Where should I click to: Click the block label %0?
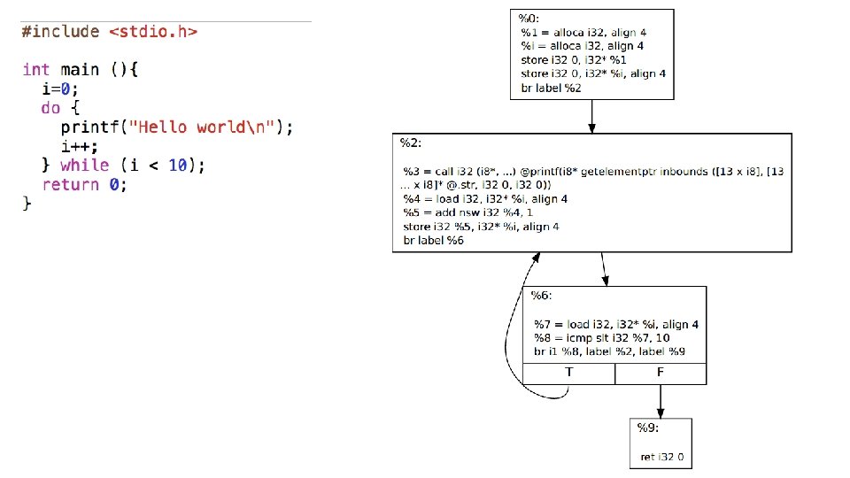tap(531, 19)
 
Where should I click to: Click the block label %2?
tap(410, 143)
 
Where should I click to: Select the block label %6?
tap(542, 295)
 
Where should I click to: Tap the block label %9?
tap(648, 428)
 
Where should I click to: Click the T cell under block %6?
tap(568, 374)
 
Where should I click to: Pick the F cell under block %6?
tap(661, 374)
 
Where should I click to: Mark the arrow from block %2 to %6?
tap(604, 269)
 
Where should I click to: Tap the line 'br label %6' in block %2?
tap(433, 241)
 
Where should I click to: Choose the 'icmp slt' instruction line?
tap(601, 338)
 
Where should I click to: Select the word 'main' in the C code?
tap(79, 69)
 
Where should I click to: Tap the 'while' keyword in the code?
tap(85, 166)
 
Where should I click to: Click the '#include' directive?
tap(60, 32)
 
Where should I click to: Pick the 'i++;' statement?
tap(80, 146)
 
